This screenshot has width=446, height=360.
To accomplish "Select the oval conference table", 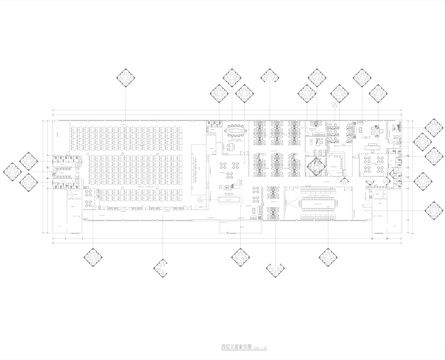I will pyautogui.click(x=238, y=128).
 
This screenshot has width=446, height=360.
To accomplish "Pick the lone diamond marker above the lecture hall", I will pyautogui.click(x=127, y=78).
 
